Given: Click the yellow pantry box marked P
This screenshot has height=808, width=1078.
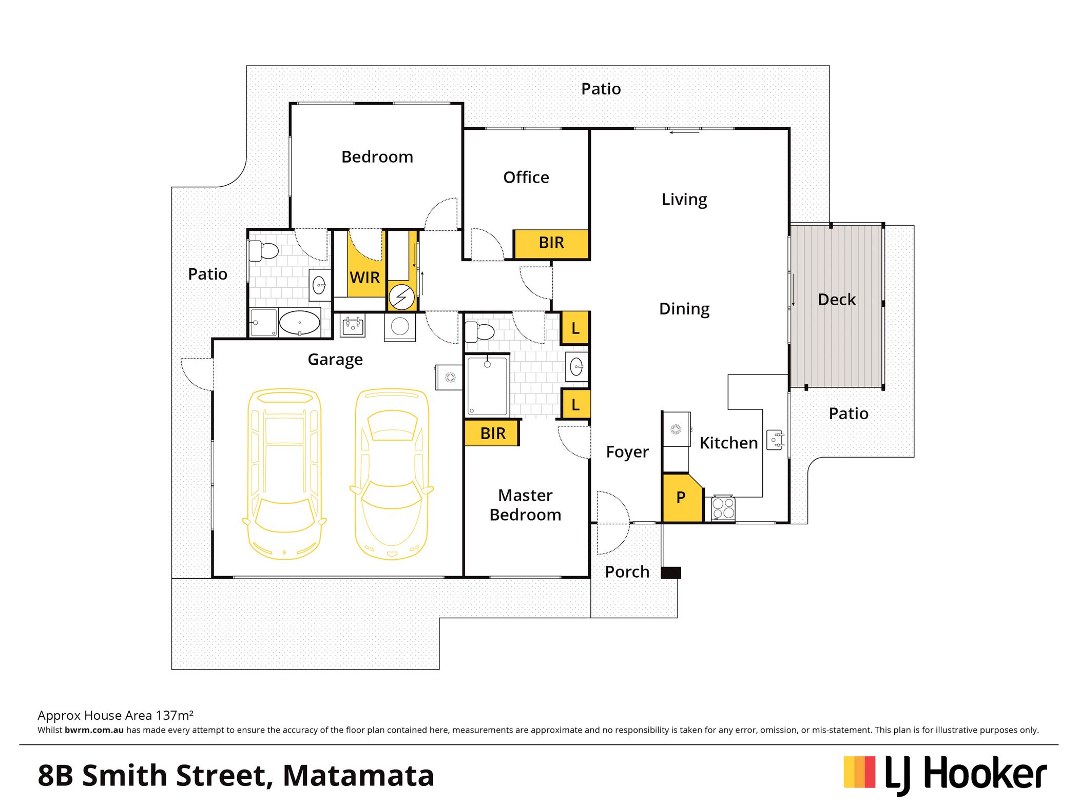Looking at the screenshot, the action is click(x=682, y=498).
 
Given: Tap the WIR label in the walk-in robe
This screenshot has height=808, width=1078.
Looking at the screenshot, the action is click(x=364, y=278).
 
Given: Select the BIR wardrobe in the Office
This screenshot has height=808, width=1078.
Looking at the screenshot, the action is click(x=551, y=243).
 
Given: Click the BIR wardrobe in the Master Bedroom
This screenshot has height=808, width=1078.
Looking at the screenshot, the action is click(x=492, y=433).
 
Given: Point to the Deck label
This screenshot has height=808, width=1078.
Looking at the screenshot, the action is click(x=837, y=300).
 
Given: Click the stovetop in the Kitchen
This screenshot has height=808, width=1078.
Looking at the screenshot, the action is click(x=723, y=508).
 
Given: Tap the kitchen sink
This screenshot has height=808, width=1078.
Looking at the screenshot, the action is click(x=775, y=440).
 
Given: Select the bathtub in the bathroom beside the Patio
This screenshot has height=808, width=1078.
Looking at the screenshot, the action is click(x=300, y=323).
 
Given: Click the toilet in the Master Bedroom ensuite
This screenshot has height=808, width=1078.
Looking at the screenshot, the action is click(x=479, y=332).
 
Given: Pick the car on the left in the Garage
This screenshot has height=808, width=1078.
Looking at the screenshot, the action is click(x=285, y=473).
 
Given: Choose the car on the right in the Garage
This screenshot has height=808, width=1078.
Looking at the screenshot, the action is click(x=392, y=473).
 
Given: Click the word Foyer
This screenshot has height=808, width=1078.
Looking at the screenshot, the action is click(x=627, y=452).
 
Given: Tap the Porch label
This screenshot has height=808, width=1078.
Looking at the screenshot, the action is click(x=627, y=572).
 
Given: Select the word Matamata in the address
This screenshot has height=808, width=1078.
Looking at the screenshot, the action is click(x=358, y=775).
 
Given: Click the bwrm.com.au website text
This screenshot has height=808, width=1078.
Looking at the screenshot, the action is click(x=94, y=730).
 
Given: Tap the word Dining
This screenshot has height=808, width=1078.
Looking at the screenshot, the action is click(x=684, y=309).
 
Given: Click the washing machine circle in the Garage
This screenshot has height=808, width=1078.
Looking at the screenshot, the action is click(x=400, y=326).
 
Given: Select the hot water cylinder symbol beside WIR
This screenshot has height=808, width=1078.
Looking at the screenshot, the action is click(x=401, y=297).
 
